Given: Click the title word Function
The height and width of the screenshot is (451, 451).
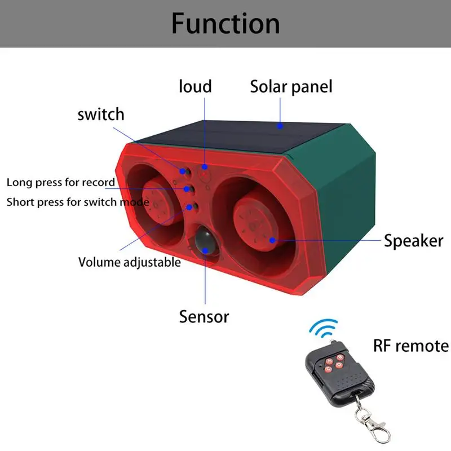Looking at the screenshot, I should point(225,24).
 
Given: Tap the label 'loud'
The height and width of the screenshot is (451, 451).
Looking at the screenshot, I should point(195,86).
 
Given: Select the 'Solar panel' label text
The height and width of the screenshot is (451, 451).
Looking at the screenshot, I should point(291,87).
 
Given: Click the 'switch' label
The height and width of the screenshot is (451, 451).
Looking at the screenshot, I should point(100,114).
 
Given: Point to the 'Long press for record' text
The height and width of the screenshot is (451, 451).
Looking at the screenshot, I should point(61,182).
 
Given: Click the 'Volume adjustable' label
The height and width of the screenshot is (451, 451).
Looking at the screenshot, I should point(130,262).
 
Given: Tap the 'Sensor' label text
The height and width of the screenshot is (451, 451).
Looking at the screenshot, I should point(204,316).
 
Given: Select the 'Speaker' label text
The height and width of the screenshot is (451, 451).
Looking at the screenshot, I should point(413,241).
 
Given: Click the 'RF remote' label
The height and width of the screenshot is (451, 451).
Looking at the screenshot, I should point(412,345).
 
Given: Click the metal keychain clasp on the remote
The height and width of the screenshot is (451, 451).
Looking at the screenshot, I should point(363,420).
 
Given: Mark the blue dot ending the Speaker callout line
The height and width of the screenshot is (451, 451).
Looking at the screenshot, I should point(272,240).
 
